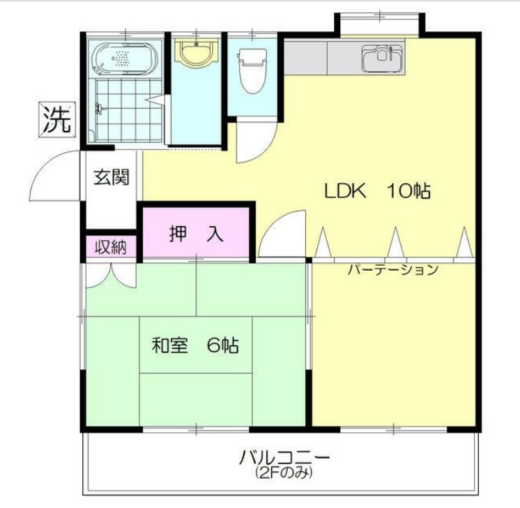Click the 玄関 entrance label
click(112, 177)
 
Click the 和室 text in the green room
click(170, 344)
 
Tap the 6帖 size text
click(224, 344)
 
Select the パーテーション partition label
click(392, 270)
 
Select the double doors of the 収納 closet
click(110, 274)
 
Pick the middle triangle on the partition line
click(395, 244)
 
